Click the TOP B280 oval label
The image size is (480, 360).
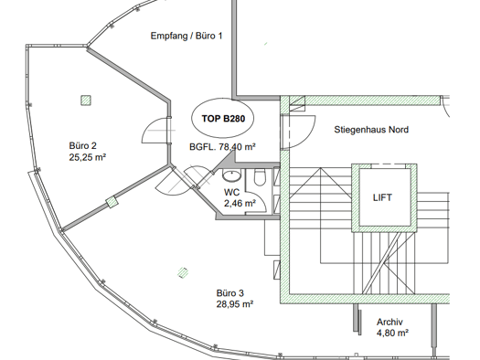tap(222, 119)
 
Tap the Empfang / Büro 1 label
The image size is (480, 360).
tap(187, 37)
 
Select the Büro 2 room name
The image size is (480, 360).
tap(82, 145)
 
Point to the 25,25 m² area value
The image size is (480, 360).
tap(88, 157)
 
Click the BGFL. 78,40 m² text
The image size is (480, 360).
tap(222, 147)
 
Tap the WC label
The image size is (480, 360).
tap(231, 193)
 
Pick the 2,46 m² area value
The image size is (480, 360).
tap(240, 203)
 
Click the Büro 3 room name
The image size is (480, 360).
tap(229, 293)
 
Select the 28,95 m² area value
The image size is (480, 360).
tap(235, 304)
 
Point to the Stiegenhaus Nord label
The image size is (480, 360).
tap(371, 130)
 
